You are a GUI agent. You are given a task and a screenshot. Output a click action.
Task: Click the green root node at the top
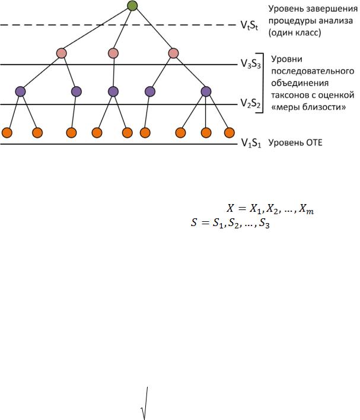tap(132, 7)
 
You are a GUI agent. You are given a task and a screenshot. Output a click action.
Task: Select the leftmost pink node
tap(62, 53)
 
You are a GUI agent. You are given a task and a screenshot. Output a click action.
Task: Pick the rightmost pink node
tap(173, 53)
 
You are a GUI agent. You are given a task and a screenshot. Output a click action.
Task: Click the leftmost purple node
tap(20, 91)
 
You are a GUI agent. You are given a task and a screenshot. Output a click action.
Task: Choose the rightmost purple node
tap(206, 91)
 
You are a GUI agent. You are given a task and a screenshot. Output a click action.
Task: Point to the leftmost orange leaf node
tap(7, 132)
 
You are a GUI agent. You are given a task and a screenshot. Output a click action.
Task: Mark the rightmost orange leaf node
tap(228, 132)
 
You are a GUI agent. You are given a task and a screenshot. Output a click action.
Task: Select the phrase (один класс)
tap(295, 33)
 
